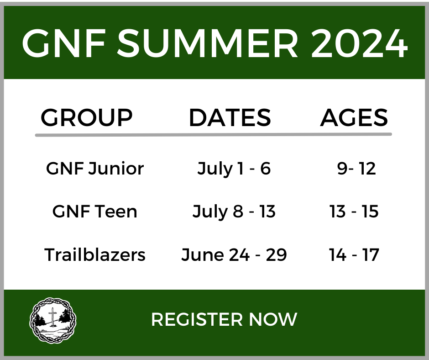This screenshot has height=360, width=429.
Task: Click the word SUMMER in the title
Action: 208,43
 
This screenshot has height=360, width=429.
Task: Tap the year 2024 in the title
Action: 360,43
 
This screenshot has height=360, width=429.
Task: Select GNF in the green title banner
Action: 64,43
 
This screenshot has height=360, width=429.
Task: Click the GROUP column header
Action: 86,117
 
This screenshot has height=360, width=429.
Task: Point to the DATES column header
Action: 230,117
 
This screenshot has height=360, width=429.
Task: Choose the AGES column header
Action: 354,117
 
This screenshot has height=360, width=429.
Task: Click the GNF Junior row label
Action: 95,168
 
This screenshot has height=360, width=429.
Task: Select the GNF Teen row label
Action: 94,212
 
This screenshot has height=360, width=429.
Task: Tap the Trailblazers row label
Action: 94,254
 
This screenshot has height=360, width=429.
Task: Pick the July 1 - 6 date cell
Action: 234,169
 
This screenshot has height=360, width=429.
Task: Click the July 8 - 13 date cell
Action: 234,212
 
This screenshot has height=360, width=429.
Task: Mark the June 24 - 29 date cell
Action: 234,255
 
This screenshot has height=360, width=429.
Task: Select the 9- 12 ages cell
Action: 356,169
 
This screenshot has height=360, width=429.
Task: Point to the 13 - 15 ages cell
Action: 354,212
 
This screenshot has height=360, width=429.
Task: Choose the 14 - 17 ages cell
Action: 354,254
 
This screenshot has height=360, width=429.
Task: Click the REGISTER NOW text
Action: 224,319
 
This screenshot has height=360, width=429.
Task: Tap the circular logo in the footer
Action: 53,320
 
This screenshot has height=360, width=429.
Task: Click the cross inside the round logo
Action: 52,317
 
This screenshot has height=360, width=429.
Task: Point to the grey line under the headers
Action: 214,134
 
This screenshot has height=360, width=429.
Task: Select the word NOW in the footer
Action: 273,319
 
